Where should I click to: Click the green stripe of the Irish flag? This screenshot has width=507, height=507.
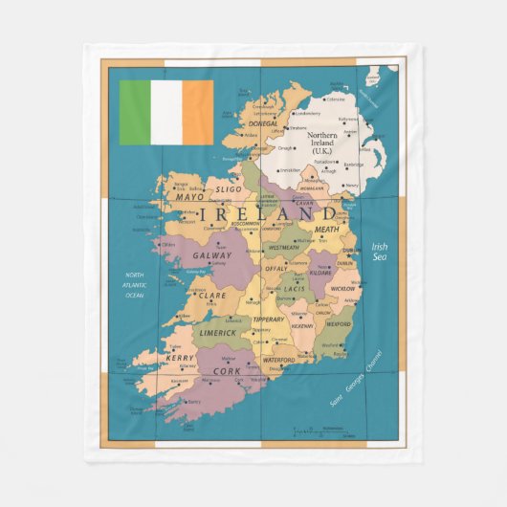[135, 112]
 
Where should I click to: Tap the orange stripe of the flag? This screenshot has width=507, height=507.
[198, 112]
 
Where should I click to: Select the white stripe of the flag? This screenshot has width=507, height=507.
[166, 112]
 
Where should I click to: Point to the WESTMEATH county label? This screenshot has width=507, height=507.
[284, 248]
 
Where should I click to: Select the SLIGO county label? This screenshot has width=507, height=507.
[229, 189]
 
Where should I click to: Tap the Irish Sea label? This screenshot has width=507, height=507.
[380, 252]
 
